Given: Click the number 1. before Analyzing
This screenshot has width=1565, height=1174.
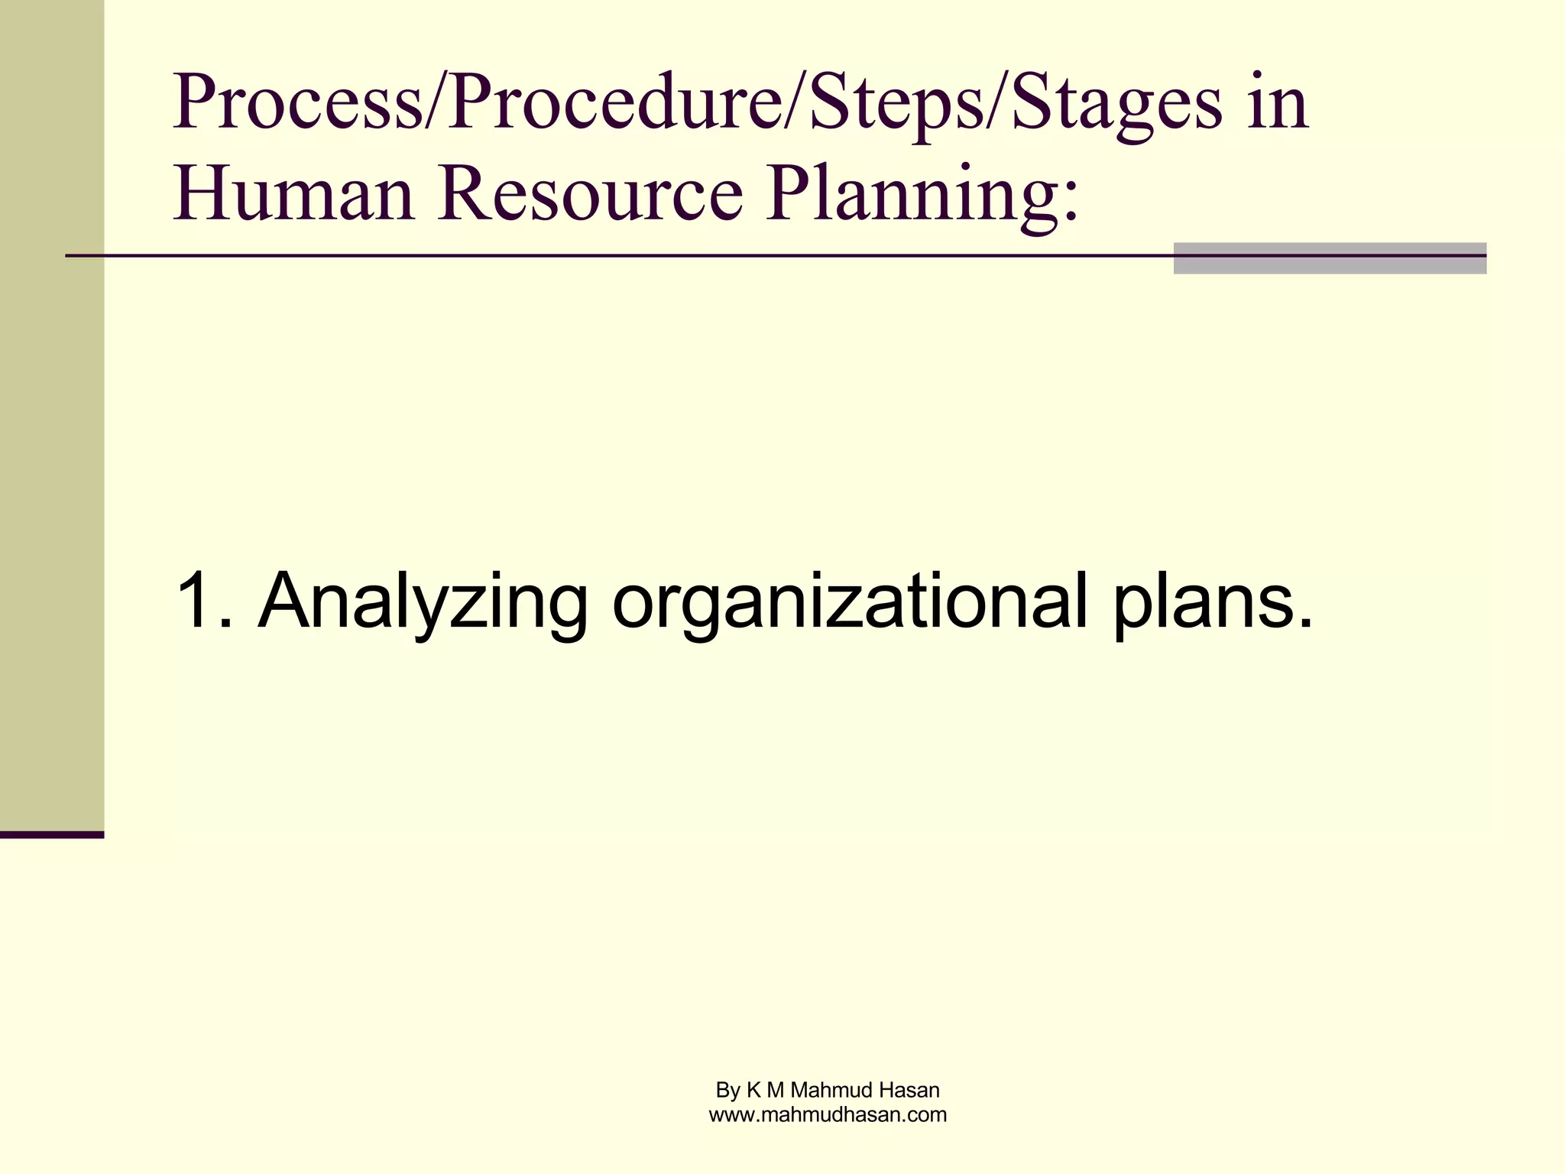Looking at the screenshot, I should tap(203, 602).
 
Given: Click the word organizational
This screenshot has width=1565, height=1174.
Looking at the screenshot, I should tap(849, 602).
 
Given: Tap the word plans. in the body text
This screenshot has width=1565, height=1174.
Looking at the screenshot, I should tap(1212, 602).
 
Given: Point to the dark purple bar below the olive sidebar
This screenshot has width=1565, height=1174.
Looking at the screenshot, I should tap(51, 835).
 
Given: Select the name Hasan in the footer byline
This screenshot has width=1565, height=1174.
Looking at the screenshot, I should tap(910, 1090).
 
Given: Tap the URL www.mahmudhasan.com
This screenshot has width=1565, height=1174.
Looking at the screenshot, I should tap(828, 1115).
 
